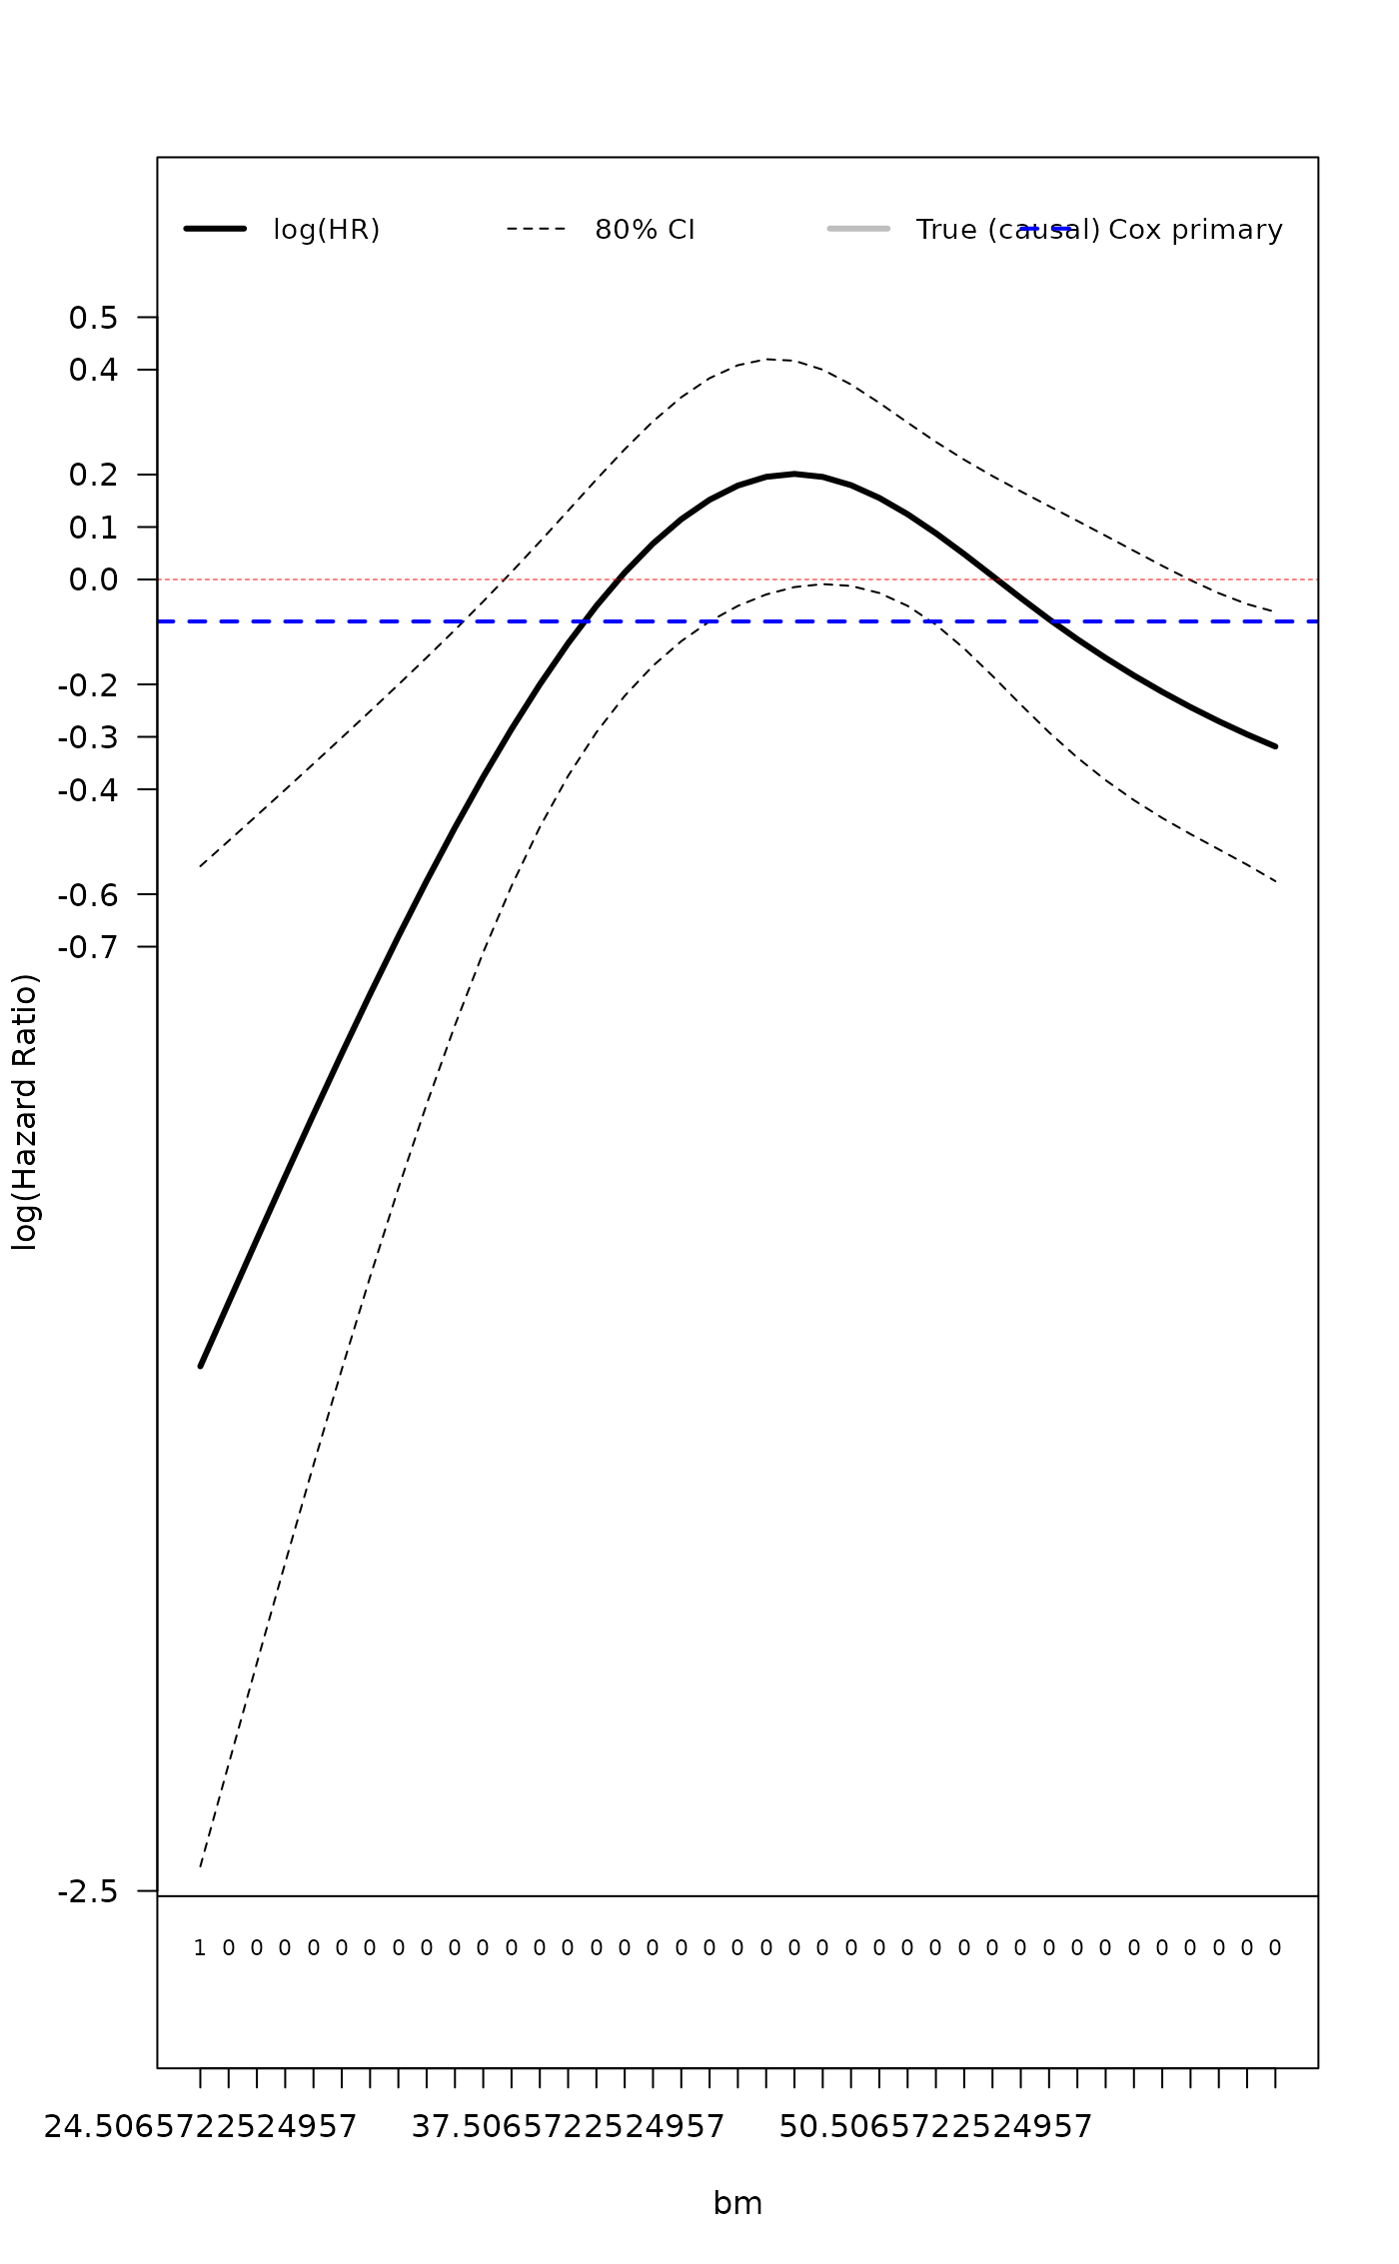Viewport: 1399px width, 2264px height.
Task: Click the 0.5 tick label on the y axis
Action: pyautogui.click(x=93, y=318)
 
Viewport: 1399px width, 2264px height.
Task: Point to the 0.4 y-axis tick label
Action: pyautogui.click(x=93, y=371)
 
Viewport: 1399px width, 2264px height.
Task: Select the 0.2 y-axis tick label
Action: pyautogui.click(x=93, y=475)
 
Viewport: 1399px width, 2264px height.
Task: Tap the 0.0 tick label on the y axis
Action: pyautogui.click(x=93, y=579)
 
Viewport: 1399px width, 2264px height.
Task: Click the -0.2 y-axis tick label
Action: pyautogui.click(x=88, y=684)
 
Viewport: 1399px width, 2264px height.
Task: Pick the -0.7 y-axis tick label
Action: pyautogui.click(x=88, y=946)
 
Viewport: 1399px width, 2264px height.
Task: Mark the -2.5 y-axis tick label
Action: pyautogui.click(x=88, y=1891)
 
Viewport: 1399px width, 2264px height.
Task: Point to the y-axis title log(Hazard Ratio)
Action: pyautogui.click(x=24, y=1111)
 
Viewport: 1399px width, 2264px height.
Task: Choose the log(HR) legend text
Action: pyautogui.click(x=327, y=230)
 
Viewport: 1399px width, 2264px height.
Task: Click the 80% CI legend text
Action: pyautogui.click(x=645, y=230)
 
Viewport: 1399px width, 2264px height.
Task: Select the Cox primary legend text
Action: pyautogui.click(x=1195, y=230)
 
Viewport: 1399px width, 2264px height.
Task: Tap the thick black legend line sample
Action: pyautogui.click(x=215, y=229)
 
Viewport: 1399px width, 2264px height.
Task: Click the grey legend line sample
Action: pyautogui.click(x=858, y=229)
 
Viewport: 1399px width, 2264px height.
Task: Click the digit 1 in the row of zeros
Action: pyautogui.click(x=200, y=1947)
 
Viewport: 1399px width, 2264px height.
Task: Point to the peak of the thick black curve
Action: pyautogui.click(x=794, y=474)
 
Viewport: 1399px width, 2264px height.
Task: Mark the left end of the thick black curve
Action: pyautogui.click(x=201, y=1365)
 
